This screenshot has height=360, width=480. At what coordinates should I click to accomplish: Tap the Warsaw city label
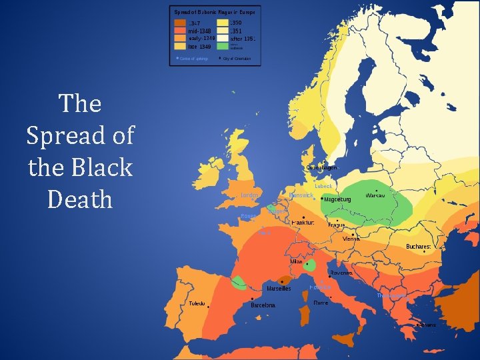pos(379,195)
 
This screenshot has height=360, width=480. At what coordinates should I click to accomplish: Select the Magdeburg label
pos(337,199)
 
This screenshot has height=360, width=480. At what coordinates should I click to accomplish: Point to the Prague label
pos(337,225)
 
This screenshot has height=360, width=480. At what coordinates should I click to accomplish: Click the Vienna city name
pos(351,239)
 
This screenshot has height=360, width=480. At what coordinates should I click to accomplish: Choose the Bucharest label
pos(419,247)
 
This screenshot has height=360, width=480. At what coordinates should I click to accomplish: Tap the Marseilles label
pos(279,289)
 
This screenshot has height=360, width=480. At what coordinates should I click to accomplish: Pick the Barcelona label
pos(263,305)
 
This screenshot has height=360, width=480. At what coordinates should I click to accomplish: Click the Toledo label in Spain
pos(197,303)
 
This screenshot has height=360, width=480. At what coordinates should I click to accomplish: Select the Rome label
pos(321,303)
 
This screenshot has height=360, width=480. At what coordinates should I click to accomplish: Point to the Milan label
pos(296,261)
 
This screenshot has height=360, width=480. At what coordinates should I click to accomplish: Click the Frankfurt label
pos(303,223)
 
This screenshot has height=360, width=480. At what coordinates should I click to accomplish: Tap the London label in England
pos(250,195)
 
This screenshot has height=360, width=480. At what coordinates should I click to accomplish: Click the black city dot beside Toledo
pos(209,307)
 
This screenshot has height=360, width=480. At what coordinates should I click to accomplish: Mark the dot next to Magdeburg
pos(322,199)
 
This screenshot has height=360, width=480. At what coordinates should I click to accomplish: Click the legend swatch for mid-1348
pos(180,31)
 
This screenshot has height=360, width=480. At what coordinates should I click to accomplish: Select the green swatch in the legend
pos(222,47)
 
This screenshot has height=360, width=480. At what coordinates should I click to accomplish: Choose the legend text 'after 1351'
pos(241,39)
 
